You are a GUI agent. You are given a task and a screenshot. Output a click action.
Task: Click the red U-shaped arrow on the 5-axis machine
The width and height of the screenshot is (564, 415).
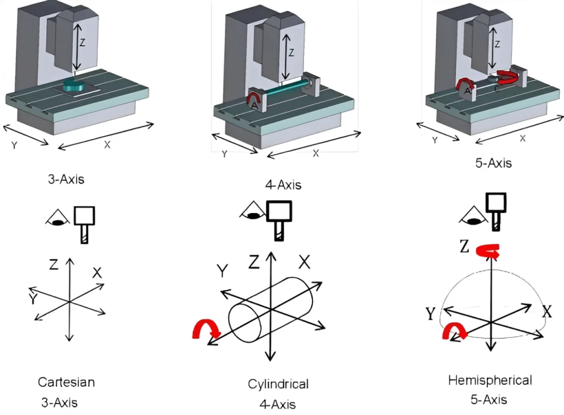click(x=508, y=79)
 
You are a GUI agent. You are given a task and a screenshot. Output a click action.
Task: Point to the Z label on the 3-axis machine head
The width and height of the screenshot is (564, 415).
click(x=83, y=42)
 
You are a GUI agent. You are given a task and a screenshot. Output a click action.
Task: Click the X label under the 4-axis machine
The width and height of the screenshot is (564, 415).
click(x=316, y=154)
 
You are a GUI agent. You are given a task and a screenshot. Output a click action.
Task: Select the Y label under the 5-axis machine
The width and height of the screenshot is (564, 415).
click(x=435, y=140)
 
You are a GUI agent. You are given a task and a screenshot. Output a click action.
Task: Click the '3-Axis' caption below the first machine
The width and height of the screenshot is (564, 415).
click(x=66, y=179)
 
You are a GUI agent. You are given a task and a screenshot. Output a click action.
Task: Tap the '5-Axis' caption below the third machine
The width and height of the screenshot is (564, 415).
click(x=492, y=163)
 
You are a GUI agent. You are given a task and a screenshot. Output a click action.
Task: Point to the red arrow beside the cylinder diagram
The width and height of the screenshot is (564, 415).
click(x=206, y=330)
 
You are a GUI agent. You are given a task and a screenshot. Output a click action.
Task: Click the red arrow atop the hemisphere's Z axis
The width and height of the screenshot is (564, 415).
click(x=487, y=250)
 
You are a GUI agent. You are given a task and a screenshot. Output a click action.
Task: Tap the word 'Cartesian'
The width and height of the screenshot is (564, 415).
click(x=66, y=382)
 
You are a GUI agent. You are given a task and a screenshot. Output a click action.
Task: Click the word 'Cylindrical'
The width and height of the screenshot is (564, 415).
click(x=278, y=384)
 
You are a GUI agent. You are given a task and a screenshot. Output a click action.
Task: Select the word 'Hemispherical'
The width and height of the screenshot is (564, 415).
click(x=490, y=380)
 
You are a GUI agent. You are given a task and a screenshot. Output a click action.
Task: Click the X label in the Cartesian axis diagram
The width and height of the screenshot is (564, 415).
click(x=97, y=272)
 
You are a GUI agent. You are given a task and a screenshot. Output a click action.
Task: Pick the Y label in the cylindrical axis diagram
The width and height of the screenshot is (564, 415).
click(x=223, y=271)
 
